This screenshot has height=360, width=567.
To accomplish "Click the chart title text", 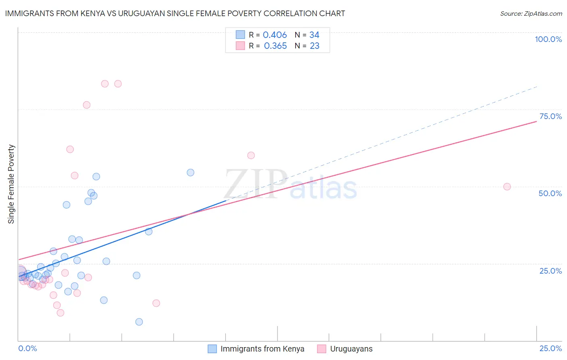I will pos(175,13).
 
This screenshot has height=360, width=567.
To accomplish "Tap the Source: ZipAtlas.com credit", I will pos(531,13).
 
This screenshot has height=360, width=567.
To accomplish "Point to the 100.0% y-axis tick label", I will pos(548,39).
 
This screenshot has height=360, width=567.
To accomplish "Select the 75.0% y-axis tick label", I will pos(550,116).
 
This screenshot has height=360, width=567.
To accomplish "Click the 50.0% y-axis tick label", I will pos(550,193).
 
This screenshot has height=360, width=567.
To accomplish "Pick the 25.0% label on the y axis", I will pos(550,270).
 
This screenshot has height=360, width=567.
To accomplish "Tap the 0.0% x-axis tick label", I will pos(27,348).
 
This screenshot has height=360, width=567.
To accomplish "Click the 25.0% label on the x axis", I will pos(550,348).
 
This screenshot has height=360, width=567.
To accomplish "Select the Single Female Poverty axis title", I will pos(11,184).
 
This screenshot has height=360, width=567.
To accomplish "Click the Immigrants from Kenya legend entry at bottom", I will pos(256,349).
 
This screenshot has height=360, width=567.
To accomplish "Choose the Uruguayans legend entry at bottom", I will pos(345,349).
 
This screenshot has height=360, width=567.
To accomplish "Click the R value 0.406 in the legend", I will pos(275,35).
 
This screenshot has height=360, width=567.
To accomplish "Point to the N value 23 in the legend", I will pos(315,46).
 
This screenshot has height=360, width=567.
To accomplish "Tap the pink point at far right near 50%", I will pos(507,186).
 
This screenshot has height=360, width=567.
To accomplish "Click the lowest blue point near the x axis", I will pos(139,322).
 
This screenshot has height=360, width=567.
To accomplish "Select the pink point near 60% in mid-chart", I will pos(251,155).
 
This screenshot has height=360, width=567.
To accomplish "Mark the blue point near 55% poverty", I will pos(190,172).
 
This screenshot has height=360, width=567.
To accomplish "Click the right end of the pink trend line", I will pos(536,121).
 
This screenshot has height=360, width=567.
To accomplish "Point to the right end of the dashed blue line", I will pos(536,87).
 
